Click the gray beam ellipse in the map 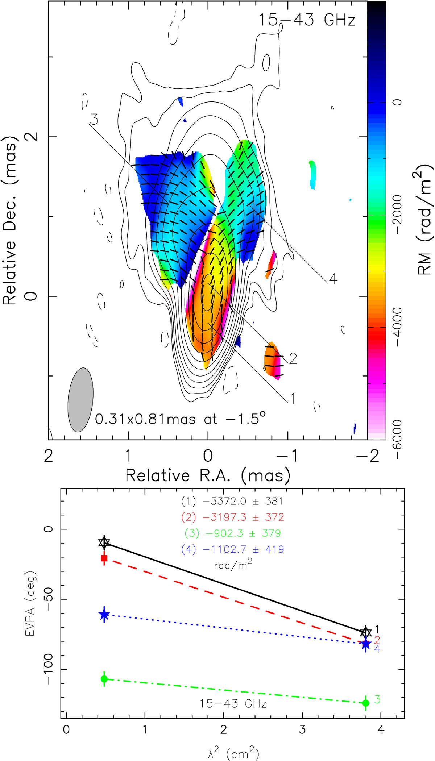(80, 400)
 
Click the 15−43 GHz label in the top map (307, 20)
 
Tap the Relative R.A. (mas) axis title (208, 475)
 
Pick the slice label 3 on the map (94, 119)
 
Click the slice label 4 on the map (333, 279)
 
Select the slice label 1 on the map (293, 399)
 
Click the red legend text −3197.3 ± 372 (233, 517)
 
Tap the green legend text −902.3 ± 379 (233, 533)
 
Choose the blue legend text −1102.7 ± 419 (233, 549)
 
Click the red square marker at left (104, 558)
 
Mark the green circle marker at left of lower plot (104, 679)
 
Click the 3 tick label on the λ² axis (302, 729)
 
